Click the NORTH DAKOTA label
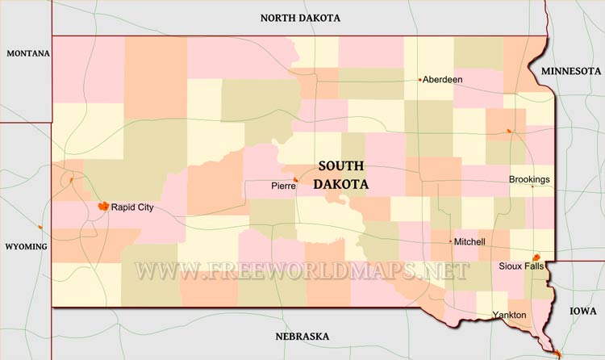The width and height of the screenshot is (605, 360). (x=300, y=18)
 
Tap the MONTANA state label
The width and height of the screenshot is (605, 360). (x=28, y=54)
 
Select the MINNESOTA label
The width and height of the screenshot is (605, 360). (x=571, y=71)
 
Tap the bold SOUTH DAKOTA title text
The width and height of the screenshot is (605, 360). (x=341, y=174)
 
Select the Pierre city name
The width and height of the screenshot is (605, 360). (x=282, y=186)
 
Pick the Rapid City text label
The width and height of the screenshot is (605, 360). (x=132, y=207)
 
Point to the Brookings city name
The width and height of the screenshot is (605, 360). (x=529, y=179)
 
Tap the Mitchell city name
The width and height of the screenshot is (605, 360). (x=470, y=242)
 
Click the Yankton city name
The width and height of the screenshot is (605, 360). (x=510, y=315)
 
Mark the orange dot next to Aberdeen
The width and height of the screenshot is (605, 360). (x=419, y=80)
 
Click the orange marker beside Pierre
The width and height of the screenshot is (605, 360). (x=296, y=180)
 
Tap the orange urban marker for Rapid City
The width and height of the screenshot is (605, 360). (x=103, y=207)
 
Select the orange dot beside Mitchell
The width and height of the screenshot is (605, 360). (x=450, y=241)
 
